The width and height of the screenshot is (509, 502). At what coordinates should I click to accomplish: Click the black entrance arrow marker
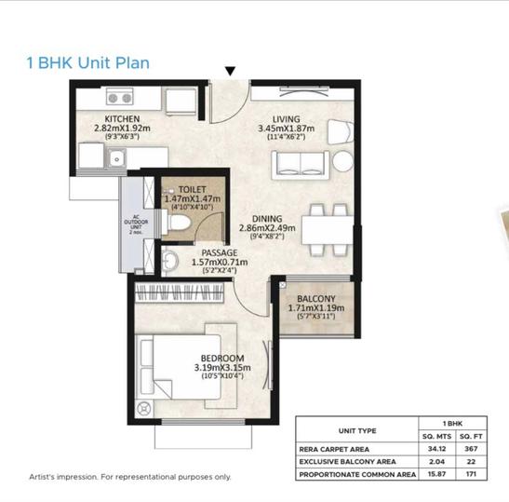[231, 72]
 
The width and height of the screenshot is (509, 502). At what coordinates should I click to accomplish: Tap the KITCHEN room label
[123, 118]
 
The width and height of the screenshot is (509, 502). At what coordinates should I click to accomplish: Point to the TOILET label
[192, 188]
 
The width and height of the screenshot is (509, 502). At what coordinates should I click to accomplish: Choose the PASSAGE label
[220, 252]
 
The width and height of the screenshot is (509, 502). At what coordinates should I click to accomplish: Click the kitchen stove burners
[118, 96]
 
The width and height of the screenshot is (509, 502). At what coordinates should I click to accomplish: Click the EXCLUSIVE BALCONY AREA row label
[348, 461]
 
